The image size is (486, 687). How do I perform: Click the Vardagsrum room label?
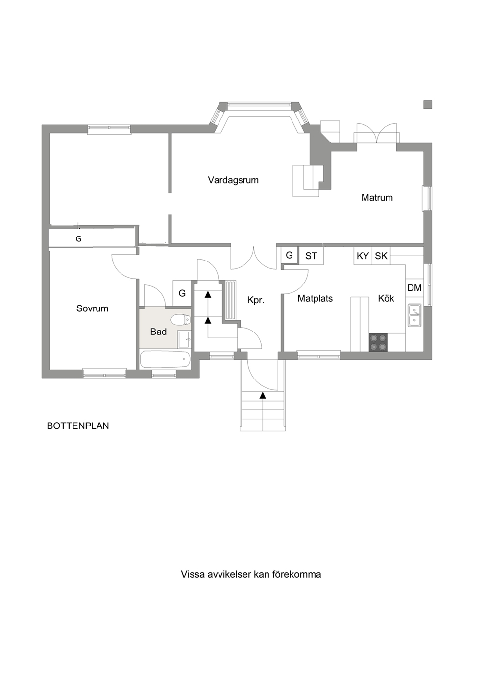tap(233, 180)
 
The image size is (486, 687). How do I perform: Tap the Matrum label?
tap(377, 197)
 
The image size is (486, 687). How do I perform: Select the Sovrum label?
tap(93, 308)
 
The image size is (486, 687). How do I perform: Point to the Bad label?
tap(158, 332)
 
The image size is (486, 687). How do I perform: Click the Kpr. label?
tap(256, 300)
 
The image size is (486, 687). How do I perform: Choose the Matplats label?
tap(315, 298)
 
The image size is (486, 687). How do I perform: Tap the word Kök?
tap(386, 298)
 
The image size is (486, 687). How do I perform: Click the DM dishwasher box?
tap(414, 288)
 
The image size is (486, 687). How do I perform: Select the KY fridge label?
tap(363, 256)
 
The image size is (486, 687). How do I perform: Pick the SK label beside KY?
tap(381, 256)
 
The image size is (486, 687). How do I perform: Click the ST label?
tap(311, 256)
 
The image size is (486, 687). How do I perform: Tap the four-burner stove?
tap(378, 342)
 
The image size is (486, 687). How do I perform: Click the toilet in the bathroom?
tap(181, 320)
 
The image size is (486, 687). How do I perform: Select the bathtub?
tap(165, 359)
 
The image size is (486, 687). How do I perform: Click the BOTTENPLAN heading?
tap(78, 426)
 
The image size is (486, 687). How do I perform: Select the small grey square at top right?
tap(427, 105)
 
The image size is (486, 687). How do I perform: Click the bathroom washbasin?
tap(185, 339)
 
